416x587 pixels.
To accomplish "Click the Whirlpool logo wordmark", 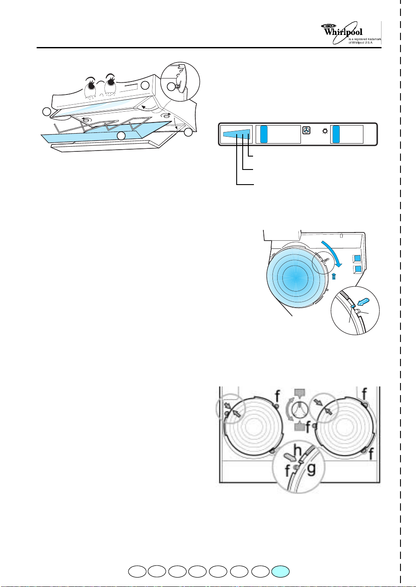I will tap(343, 32).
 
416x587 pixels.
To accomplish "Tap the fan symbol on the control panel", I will tap(307, 130).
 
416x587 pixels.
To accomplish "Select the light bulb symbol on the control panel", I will tap(325, 131).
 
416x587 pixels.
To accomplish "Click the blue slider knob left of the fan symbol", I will tap(264, 134).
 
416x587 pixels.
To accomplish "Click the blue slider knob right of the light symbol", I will tap(336, 134).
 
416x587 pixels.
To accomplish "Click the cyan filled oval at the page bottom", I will tap(280, 571).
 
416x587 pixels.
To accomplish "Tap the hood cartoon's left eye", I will tap(91, 87).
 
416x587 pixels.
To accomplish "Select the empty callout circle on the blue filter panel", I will tap(121, 136).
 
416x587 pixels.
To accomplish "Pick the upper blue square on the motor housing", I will tap(357, 259).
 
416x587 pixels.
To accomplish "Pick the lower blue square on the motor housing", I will tap(357, 270).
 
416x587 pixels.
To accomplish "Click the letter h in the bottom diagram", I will tap(297, 450).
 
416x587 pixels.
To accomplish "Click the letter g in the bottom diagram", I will tap(311, 469).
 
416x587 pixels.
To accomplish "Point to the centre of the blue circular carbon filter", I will tap(295, 275).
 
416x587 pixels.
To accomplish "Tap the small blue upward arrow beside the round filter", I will tap(334, 276).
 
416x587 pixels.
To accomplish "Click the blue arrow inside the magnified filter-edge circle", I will tap(363, 302).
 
